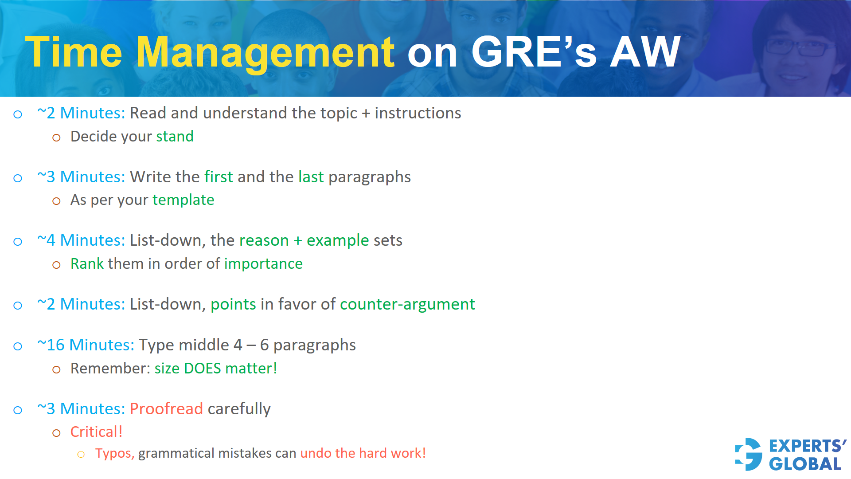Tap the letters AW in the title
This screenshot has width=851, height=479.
(x=645, y=52)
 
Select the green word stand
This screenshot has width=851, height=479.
(x=175, y=137)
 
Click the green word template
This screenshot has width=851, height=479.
(x=183, y=200)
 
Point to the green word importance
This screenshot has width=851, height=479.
(x=263, y=264)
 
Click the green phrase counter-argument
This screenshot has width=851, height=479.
(x=407, y=304)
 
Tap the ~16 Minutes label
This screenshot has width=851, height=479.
(x=86, y=345)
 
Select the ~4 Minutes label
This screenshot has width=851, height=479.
(x=81, y=240)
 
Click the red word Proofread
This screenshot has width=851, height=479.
(x=166, y=409)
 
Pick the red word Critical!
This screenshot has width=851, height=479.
(x=96, y=432)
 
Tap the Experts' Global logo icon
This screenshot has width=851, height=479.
(x=749, y=454)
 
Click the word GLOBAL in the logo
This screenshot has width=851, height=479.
(x=805, y=464)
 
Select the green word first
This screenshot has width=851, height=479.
(x=219, y=177)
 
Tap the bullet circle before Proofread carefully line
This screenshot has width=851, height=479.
(x=18, y=410)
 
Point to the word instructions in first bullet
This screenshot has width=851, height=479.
(x=418, y=113)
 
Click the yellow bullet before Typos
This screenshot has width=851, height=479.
(x=81, y=454)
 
